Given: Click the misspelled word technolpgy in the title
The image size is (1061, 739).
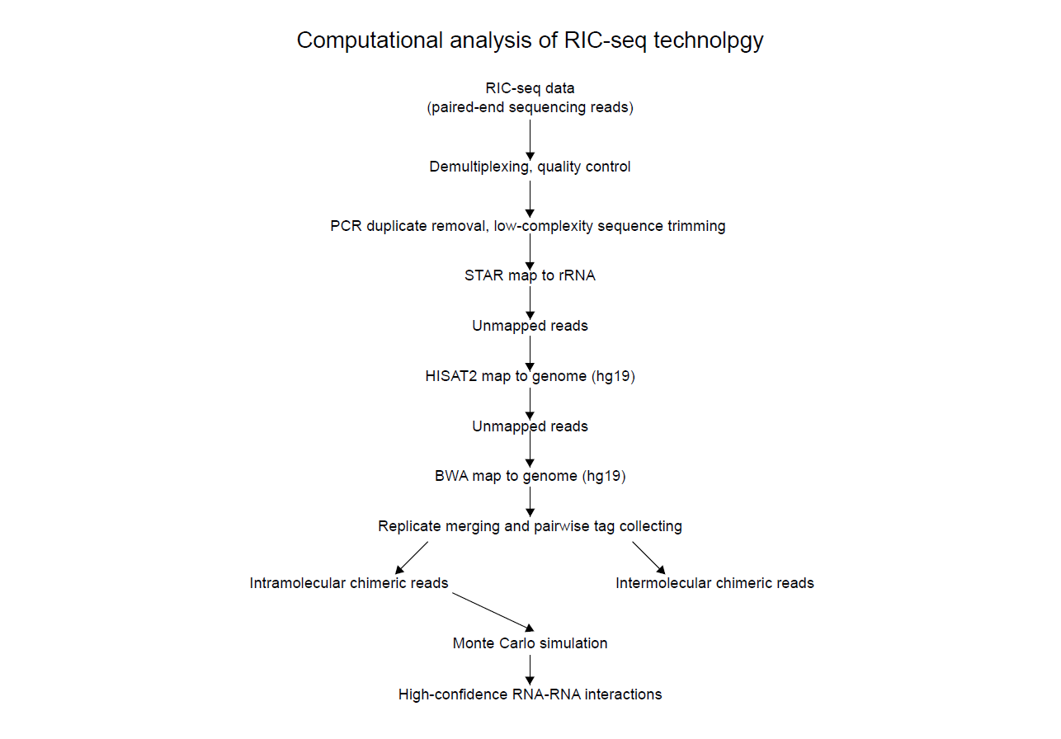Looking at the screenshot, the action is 708,41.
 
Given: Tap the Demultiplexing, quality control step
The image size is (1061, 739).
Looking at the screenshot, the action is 530,167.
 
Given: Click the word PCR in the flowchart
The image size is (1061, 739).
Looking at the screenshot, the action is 346,226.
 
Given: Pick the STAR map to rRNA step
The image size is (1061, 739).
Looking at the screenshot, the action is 530,275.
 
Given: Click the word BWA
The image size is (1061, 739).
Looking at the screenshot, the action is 451,476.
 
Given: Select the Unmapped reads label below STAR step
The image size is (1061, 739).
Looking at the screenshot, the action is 530,326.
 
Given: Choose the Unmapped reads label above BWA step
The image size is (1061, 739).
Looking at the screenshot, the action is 530,426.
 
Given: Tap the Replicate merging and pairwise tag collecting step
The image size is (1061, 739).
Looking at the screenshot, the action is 530,526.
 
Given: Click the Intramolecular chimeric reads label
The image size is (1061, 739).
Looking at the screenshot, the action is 349,583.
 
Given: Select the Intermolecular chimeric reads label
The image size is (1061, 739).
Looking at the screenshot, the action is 714,583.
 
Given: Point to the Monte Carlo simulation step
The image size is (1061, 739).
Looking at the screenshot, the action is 530,643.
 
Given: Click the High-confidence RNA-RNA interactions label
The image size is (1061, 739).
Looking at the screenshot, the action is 530,694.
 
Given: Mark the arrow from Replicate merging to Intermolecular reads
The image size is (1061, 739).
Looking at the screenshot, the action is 649,558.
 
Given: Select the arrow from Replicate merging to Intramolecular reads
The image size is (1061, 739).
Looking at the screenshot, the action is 412,558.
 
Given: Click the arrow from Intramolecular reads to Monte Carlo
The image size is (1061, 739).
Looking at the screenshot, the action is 493,612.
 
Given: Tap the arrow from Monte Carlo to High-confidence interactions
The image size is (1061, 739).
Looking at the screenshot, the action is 530,670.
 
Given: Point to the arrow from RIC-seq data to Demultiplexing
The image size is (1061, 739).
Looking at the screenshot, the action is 530,140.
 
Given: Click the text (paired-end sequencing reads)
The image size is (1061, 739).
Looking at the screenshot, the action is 530,107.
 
